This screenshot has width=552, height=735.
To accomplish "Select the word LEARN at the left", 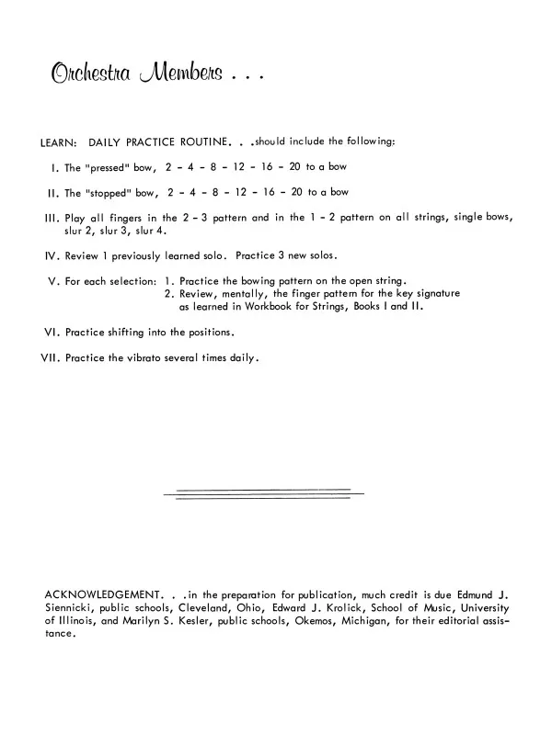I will pos(58,142).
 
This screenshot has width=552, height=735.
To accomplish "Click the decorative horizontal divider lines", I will pos(263,494).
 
